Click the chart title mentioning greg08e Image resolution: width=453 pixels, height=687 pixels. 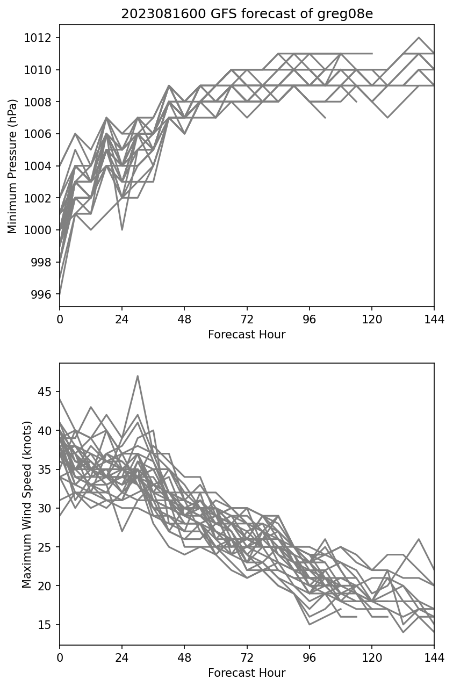(x=247, y=14)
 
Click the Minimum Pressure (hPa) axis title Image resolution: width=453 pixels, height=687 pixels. (x=13, y=165)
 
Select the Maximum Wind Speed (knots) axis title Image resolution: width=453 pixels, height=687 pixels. (x=27, y=504)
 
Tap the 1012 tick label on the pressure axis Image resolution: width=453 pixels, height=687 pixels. (x=41, y=38)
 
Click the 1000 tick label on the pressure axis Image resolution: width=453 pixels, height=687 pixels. (x=41, y=230)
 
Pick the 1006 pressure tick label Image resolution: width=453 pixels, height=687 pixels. (x=41, y=134)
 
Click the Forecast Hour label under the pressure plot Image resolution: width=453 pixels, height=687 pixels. (x=247, y=335)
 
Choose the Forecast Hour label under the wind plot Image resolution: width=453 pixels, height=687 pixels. (x=247, y=673)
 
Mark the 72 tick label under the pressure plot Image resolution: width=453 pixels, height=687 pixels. (x=247, y=319)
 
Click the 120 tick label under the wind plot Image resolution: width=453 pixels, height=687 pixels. (x=372, y=657)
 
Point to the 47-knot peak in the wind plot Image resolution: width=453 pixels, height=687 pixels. (x=138, y=376)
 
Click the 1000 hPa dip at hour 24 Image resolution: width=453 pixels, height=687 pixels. (x=122, y=230)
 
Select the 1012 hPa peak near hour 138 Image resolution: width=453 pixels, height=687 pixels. (x=419, y=38)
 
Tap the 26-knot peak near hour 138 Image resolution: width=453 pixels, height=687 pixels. (x=419, y=539)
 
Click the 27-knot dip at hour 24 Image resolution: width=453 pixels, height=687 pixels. (x=122, y=531)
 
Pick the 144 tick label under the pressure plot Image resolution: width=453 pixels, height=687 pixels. (x=434, y=319)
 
